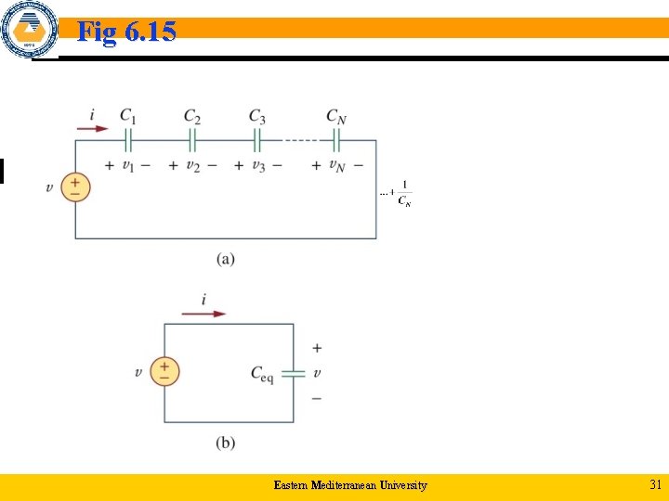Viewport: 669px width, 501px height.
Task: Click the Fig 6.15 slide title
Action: pyautogui.click(x=126, y=32)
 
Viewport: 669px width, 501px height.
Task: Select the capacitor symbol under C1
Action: pyautogui.click(x=128, y=140)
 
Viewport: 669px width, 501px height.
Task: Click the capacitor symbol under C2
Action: pyautogui.click(x=192, y=140)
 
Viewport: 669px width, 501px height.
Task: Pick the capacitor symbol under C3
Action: pyautogui.click(x=256, y=140)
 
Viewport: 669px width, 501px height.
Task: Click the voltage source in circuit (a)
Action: pyautogui.click(x=75, y=188)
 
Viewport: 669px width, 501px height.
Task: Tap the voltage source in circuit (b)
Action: pyautogui.click(x=164, y=372)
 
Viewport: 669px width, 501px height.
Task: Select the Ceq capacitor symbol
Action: pyautogui.click(x=294, y=373)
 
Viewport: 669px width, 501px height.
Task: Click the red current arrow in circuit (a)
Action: pyautogui.click(x=92, y=129)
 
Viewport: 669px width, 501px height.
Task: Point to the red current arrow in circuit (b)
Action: pyautogui.click(x=203, y=314)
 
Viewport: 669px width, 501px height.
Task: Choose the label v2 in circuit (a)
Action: pyautogui.click(x=192, y=166)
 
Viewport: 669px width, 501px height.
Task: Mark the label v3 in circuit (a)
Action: pyautogui.click(x=256, y=166)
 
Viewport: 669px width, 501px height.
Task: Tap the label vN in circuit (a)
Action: pyautogui.click(x=336, y=166)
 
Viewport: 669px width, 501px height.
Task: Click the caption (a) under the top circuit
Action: pyautogui.click(x=226, y=259)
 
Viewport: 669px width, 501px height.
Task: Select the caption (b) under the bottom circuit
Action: pyautogui.click(x=226, y=443)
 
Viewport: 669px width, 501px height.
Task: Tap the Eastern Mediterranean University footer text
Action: pyautogui.click(x=350, y=485)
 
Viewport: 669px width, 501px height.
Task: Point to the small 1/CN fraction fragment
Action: pyautogui.click(x=403, y=194)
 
